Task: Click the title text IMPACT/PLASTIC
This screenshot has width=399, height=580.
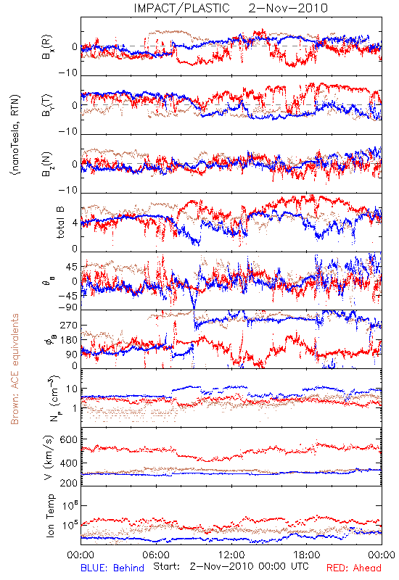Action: pos(182,8)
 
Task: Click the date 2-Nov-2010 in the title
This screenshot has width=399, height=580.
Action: pos(288,8)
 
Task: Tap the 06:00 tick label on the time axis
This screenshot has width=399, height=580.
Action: pos(156,555)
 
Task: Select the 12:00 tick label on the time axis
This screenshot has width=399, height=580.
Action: pos(231,555)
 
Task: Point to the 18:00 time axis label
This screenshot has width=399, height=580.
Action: pos(307,555)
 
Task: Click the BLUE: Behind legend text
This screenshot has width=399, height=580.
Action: pos(112,568)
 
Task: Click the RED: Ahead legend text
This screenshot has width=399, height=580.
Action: pos(354,568)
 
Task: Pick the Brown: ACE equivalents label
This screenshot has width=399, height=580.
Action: pos(15,369)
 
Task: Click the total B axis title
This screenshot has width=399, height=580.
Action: pos(60,223)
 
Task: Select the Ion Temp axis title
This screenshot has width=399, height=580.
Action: pos(50,515)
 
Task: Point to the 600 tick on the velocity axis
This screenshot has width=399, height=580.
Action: pos(69,439)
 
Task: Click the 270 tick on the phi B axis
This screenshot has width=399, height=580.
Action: pos(69,326)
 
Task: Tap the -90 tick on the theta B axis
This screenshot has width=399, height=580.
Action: pos(67,307)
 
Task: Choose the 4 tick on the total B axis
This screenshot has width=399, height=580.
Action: pos(75,223)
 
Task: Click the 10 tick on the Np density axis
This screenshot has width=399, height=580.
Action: pos(72,389)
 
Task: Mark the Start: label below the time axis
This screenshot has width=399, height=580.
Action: pos(167,566)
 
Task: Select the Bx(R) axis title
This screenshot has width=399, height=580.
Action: pos(47,47)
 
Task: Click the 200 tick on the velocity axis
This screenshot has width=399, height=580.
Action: pos(69,483)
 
